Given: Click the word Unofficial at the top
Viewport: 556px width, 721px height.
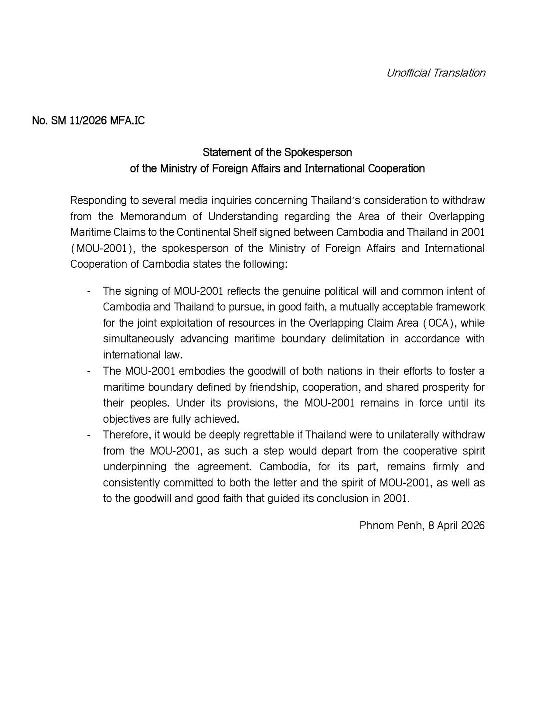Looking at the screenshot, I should coord(408,73).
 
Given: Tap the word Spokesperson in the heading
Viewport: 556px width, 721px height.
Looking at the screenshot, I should coord(318,152).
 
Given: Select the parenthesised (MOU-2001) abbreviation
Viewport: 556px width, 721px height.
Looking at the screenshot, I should coord(103,249).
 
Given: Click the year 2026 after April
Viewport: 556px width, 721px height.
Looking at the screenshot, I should coord(472,526).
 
